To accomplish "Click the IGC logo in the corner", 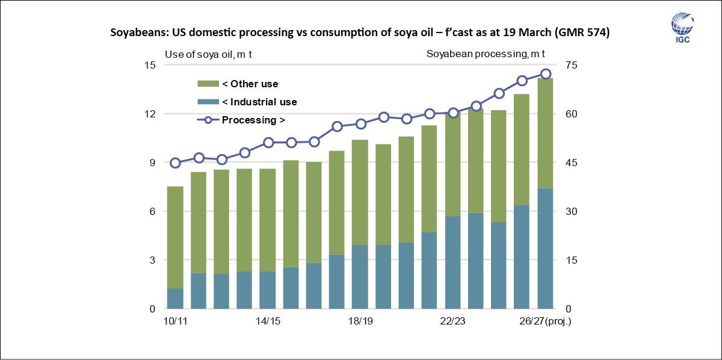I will (x=682, y=28).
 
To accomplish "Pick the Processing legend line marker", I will (x=208, y=120).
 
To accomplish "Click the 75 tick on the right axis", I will (x=572, y=65).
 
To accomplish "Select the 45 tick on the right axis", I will (x=572, y=163).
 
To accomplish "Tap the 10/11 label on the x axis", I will (x=175, y=321).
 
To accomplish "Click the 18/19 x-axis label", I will (x=360, y=321).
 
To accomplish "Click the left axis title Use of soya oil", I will (x=208, y=54).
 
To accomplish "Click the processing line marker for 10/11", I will (x=175, y=163).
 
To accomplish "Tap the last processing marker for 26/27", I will (x=546, y=74).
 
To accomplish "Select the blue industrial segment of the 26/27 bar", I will (x=545, y=248).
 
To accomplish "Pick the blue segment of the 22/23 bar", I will (x=452, y=262).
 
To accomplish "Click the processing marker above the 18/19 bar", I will (x=360, y=124).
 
